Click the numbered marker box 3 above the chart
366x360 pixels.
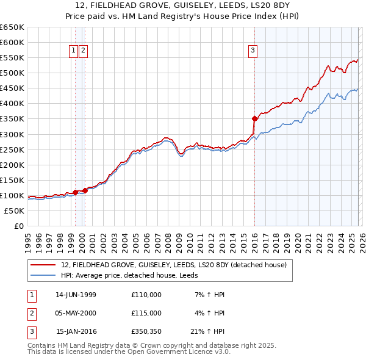point(252,51)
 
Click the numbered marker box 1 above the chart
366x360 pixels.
point(74,51)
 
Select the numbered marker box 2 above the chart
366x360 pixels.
point(83,51)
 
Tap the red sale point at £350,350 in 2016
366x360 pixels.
point(254,118)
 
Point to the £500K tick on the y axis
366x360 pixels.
point(13,73)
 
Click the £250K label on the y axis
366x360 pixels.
point(13,149)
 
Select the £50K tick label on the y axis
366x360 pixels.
point(15,211)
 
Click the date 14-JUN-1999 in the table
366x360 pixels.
point(76,295)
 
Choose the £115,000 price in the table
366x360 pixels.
point(146,313)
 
